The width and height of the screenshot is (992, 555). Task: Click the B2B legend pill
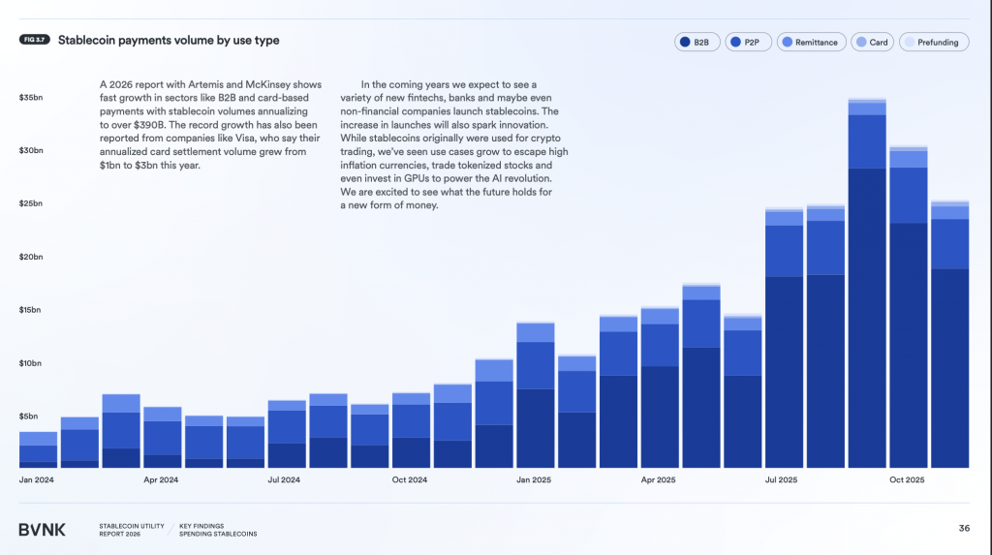point(697,43)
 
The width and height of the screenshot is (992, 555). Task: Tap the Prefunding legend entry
point(934,43)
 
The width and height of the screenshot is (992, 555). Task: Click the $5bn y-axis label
point(29,416)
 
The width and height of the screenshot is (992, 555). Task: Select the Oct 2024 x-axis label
point(411,479)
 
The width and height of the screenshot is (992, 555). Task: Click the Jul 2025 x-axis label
point(784,479)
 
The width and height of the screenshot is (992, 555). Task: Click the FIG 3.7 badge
point(34,40)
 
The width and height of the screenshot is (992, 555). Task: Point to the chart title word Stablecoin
point(89,41)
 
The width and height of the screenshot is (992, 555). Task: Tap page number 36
point(964,528)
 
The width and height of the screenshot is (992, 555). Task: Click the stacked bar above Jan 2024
point(38,450)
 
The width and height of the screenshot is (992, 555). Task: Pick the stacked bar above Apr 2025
point(660,387)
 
